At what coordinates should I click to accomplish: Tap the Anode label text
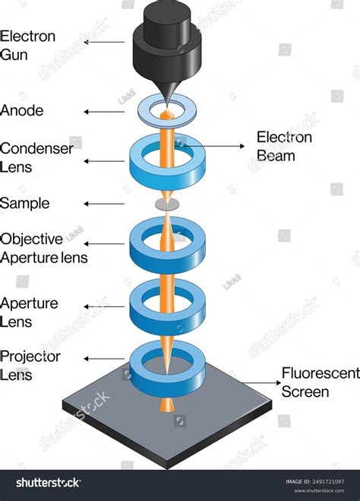pyautogui.click(x=22, y=111)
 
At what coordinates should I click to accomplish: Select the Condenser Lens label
pyautogui.click(x=36, y=157)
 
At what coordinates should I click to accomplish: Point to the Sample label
pyautogui.click(x=25, y=203)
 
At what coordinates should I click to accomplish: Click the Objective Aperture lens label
pyautogui.click(x=43, y=248)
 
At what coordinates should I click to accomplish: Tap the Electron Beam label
pyautogui.click(x=284, y=146)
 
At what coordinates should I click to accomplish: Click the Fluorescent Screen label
pyautogui.click(x=315, y=382)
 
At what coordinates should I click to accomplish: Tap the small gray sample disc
pyautogui.click(x=167, y=204)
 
